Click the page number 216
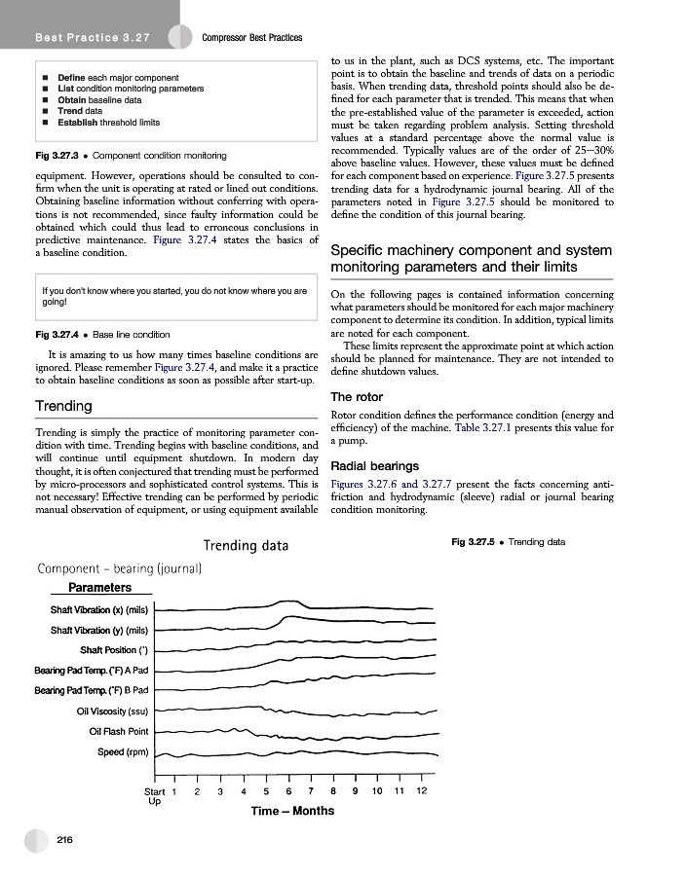tap(66, 838)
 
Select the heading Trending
tap(57, 405)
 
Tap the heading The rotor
tap(357, 397)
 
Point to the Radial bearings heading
tap(375, 465)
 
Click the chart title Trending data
tap(245, 545)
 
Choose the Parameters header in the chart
tap(99, 588)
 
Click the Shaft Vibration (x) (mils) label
tap(98, 610)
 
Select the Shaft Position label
tap(113, 650)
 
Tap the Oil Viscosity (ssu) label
tap(112, 712)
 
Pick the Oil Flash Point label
tap(118, 732)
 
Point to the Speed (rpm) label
tap(123, 752)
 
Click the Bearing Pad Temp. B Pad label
tap(91, 691)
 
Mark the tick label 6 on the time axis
tap(288, 791)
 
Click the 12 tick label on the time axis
tap(421, 791)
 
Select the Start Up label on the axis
tap(154, 796)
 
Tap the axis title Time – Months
tap(292, 811)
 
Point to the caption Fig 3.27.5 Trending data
tap(509, 542)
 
